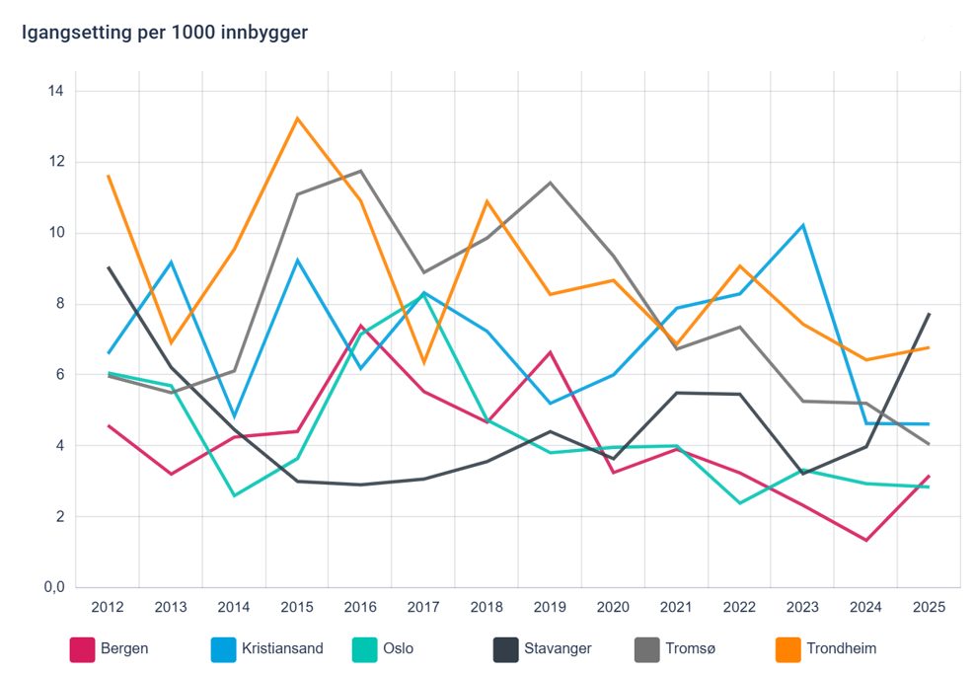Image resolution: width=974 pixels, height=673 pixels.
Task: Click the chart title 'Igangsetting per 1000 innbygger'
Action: pyautogui.click(x=165, y=33)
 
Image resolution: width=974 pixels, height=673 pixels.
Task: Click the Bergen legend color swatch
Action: pyautogui.click(x=82, y=649)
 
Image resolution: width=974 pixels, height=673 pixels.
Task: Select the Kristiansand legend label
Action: pyautogui.click(x=282, y=649)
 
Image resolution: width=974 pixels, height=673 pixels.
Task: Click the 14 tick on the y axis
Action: pyautogui.click(x=55, y=92)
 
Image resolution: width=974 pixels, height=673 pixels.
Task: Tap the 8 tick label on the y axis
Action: pyautogui.click(x=59, y=304)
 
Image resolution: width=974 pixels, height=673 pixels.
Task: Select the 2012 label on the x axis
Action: pyautogui.click(x=108, y=608)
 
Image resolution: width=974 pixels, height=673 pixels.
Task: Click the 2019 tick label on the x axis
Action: pyautogui.click(x=550, y=608)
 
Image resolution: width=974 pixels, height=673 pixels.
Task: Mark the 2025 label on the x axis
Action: pyautogui.click(x=929, y=608)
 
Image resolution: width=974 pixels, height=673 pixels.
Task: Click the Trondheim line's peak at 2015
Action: pyautogui.click(x=297, y=118)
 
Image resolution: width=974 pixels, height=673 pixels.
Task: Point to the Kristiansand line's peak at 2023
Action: pyautogui.click(x=803, y=225)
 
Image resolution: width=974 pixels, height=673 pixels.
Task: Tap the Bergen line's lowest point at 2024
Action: pyautogui.click(x=865, y=540)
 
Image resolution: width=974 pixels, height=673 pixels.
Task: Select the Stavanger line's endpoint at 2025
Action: pyautogui.click(x=929, y=314)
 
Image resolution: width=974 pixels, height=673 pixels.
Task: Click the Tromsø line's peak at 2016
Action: pyautogui.click(x=360, y=171)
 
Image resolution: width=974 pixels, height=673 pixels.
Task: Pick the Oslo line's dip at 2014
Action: pyautogui.click(x=234, y=495)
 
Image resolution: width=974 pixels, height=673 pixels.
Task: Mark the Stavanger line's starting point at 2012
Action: pyautogui.click(x=108, y=267)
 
